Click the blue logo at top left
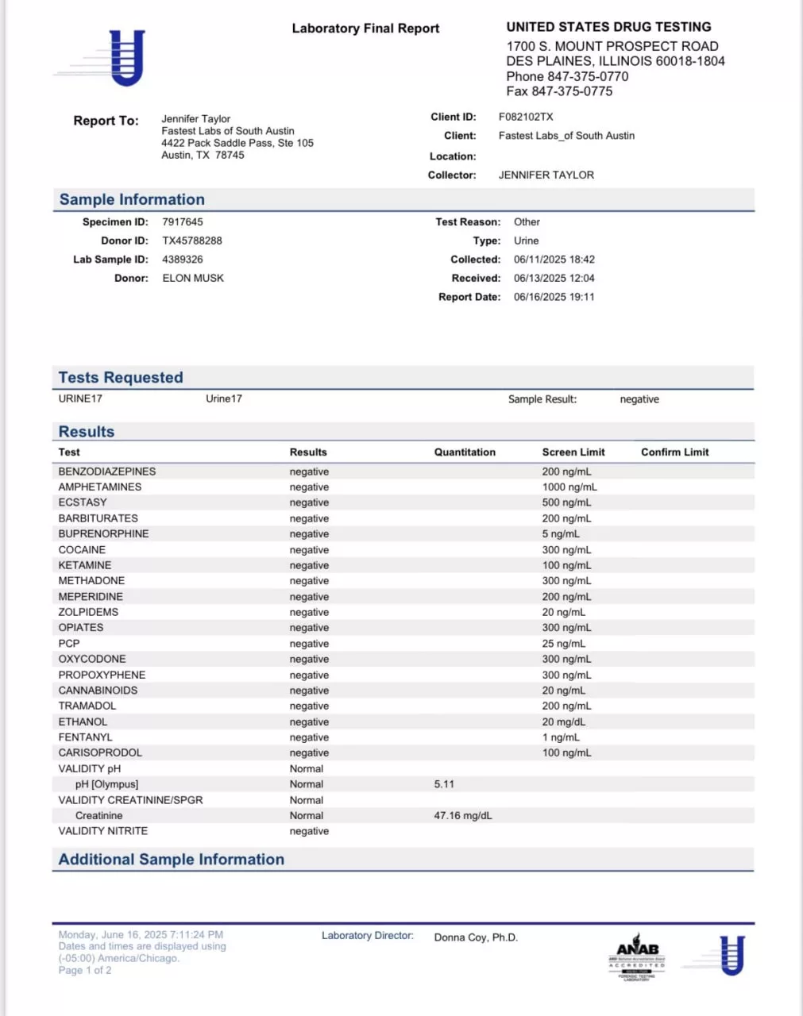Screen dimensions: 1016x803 (125, 57)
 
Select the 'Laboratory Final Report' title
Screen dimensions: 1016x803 (365, 29)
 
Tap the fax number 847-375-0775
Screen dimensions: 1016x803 (559, 91)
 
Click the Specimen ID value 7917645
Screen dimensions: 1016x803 (182, 222)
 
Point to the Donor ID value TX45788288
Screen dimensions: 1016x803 (191, 241)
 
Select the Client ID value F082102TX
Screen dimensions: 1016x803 (526, 117)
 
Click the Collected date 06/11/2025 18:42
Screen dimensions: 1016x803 (554, 260)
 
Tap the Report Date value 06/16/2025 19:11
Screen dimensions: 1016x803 (554, 297)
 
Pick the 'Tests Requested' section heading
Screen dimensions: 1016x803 (121, 378)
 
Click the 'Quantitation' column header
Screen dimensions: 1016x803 (465, 452)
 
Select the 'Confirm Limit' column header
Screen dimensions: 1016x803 (674, 452)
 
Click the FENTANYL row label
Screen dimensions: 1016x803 (85, 737)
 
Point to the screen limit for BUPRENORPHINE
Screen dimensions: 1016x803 (561, 534)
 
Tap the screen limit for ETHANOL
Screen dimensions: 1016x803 (563, 722)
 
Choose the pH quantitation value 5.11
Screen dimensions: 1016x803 (444, 784)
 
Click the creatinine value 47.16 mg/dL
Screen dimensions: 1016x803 (462, 816)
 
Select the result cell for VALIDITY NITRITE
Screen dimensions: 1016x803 (309, 831)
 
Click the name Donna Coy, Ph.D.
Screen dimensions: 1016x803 (476, 937)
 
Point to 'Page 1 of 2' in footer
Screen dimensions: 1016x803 (85, 970)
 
